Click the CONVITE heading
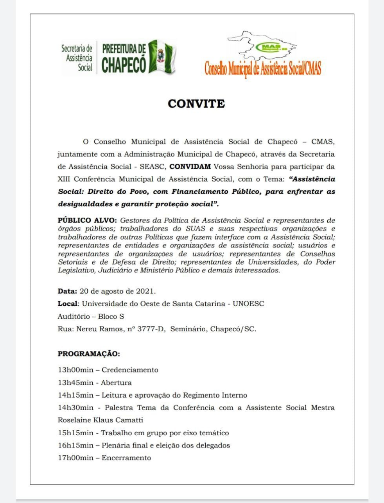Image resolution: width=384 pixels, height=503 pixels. pyautogui.click(x=196, y=104)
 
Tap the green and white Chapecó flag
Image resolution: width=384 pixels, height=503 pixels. pyautogui.click(x=161, y=57)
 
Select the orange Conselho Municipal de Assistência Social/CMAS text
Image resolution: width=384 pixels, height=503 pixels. pyautogui.click(x=262, y=69)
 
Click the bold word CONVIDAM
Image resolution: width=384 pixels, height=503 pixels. pyautogui.click(x=190, y=166)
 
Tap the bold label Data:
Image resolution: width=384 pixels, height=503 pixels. pyautogui.click(x=67, y=291)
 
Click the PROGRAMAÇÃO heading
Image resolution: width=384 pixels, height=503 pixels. pyautogui.click(x=89, y=354)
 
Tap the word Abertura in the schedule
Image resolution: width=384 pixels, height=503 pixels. pyautogui.click(x=116, y=382)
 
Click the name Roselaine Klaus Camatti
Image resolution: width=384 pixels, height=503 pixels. pyautogui.click(x=100, y=420)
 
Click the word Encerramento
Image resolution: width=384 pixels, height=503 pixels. pyautogui.click(x=126, y=458)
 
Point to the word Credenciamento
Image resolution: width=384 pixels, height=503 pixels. pyautogui.click(x=130, y=370)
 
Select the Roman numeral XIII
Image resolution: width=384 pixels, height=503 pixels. pyautogui.click(x=65, y=179)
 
